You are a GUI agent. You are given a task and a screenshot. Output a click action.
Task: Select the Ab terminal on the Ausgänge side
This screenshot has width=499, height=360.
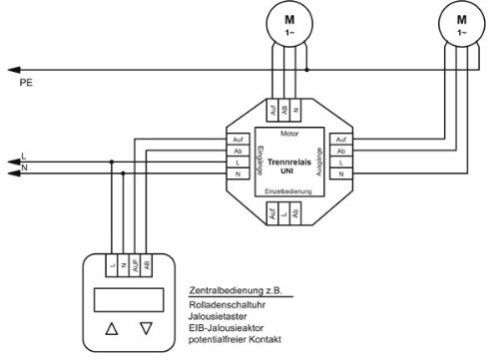340,151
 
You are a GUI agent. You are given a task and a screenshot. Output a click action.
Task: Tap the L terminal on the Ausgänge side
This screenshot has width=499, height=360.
340,163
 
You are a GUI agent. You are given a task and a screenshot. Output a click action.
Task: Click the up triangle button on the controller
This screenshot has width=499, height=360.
112,327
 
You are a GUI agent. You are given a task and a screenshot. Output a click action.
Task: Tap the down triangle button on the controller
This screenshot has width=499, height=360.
148,327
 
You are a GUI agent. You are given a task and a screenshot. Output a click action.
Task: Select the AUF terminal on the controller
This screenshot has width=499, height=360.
135,265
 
